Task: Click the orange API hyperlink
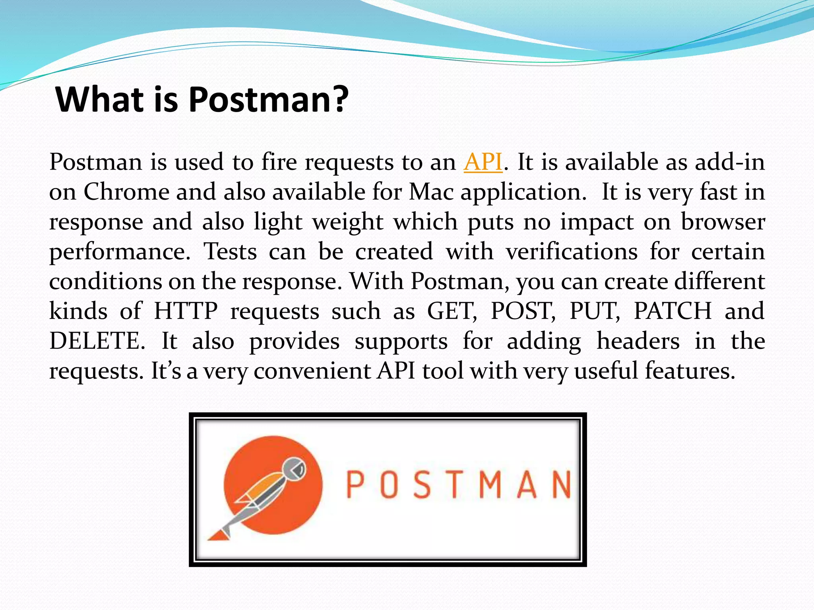pos(483,162)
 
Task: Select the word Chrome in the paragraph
pos(126,192)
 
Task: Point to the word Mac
pos(431,192)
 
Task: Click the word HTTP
pos(186,311)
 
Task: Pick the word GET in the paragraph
pos(451,311)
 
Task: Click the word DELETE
pos(97,341)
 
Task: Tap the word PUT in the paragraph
pos(595,311)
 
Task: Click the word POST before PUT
pos(523,311)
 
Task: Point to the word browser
pos(723,222)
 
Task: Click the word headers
pos(638,341)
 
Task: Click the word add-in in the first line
pos(730,162)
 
